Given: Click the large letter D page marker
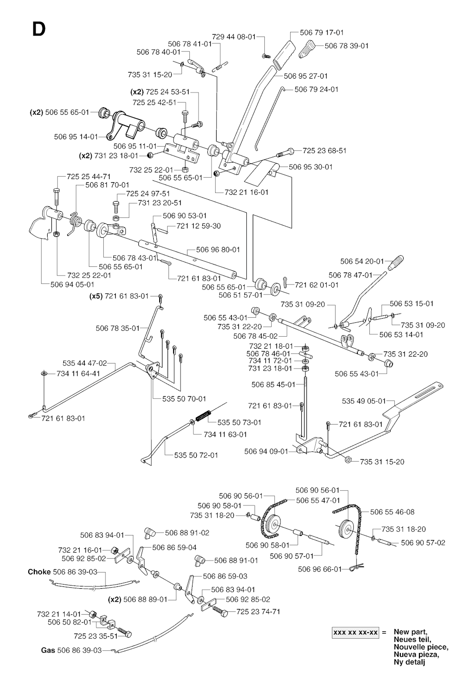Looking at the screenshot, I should point(39,29).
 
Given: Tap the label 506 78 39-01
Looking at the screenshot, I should point(347,46).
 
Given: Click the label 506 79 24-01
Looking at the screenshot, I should point(316,89).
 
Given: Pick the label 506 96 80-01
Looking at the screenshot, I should point(218,250).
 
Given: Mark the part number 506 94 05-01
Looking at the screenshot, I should point(72,284).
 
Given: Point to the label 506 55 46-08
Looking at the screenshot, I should point(393,512).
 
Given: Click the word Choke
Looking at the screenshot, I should point(39,572).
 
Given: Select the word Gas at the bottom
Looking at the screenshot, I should point(48,650).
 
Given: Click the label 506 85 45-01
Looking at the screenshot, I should point(273,384).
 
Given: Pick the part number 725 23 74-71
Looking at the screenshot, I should point(258,611).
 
